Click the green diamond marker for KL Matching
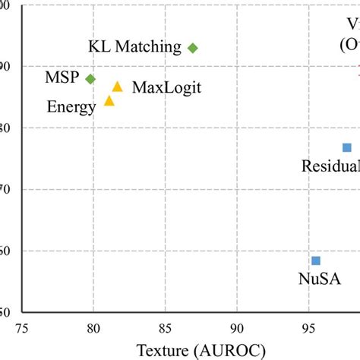(193, 48)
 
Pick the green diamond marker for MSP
(90, 79)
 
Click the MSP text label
(62, 79)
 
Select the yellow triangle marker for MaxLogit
(117, 87)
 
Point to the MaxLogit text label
(166, 87)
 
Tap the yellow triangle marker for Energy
(109, 100)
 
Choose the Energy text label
(71, 107)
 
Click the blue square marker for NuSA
(316, 261)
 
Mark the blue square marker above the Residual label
(347, 147)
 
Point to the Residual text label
(330, 166)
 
